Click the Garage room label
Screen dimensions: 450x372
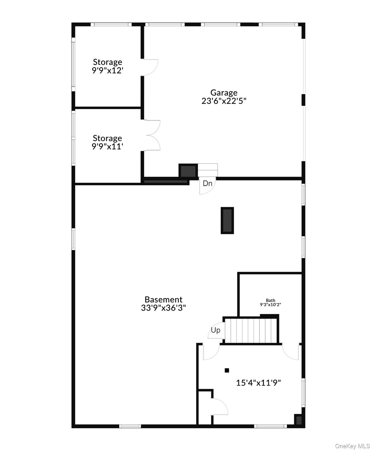tap(224, 93)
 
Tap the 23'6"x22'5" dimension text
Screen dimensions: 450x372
tap(224, 101)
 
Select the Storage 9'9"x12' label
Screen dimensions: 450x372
tap(107, 66)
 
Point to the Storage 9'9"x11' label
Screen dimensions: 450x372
tap(107, 142)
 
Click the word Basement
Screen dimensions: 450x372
tap(163, 300)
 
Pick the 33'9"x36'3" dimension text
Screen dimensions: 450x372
tap(163, 308)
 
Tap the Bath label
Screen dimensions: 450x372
tap(270, 300)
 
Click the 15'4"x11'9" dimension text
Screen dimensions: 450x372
tap(258, 383)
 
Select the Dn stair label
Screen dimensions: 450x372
tap(207, 184)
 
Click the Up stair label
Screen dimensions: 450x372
tap(215, 330)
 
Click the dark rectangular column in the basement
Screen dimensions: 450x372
tap(227, 220)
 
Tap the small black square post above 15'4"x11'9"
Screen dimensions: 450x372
tap(227, 370)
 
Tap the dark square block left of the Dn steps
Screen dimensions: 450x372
tap(188, 171)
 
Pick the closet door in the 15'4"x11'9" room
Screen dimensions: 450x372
tap(220, 406)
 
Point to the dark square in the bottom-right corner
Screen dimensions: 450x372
tap(298, 420)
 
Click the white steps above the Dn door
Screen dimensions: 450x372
tap(208, 169)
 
